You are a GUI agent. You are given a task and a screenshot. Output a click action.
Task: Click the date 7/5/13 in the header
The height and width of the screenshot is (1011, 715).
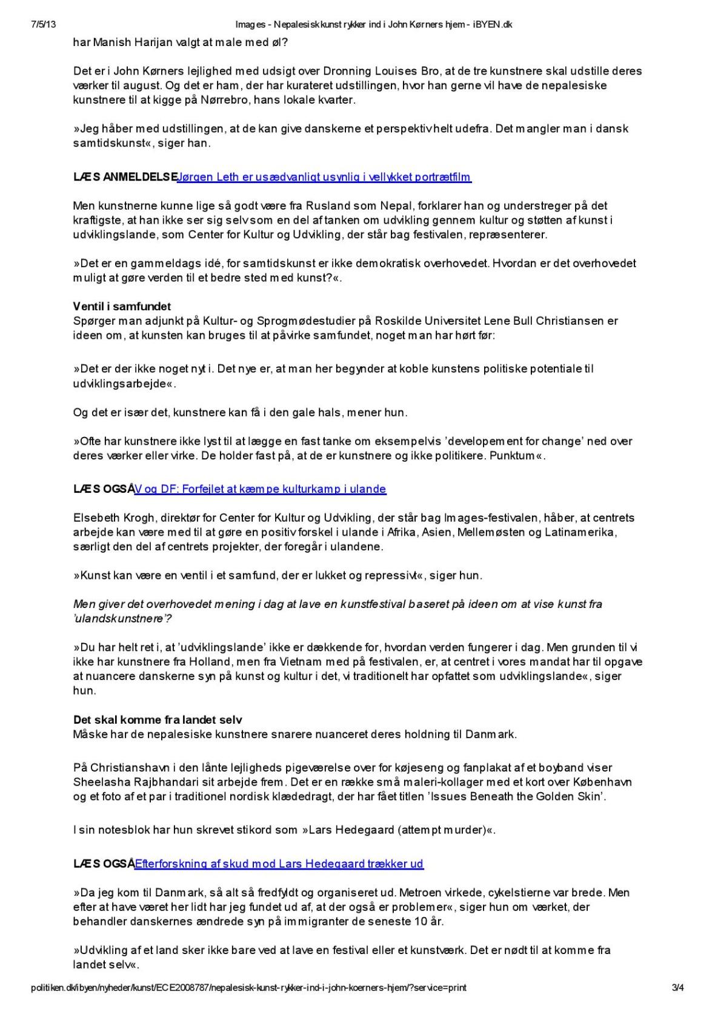tap(43, 25)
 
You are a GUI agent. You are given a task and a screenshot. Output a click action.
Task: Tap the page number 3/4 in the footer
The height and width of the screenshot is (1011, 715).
tap(679, 987)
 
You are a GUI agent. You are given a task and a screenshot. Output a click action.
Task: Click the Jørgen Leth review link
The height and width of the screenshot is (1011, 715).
tap(324, 177)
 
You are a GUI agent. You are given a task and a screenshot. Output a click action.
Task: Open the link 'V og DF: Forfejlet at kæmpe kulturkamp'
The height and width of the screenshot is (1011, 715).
tap(260, 489)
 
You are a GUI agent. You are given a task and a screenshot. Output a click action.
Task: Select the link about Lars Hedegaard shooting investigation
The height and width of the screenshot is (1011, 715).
tap(279, 864)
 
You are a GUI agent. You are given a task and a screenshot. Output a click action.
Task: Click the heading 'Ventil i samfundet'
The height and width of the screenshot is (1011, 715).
tap(122, 307)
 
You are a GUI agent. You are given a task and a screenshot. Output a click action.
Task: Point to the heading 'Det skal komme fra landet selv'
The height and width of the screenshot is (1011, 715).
tap(158, 720)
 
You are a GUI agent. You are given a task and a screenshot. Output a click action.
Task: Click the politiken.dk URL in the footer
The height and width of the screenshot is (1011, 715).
tap(248, 987)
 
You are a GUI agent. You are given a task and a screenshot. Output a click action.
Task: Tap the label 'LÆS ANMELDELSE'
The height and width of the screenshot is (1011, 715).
tap(124, 177)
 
